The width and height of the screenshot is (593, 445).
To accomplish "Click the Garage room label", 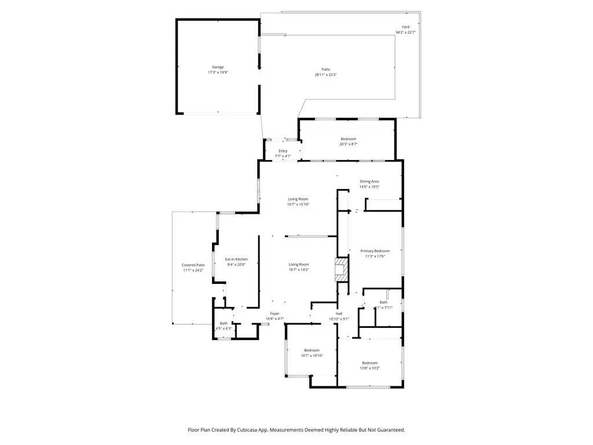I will pos(217,67).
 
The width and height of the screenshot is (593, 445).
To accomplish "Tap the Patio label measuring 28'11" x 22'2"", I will pos(325,70).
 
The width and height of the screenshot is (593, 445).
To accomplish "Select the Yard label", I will pos(405,27).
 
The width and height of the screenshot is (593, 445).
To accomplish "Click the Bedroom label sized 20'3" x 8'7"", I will pos(348,139).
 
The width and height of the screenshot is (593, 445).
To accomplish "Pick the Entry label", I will pos(283,151).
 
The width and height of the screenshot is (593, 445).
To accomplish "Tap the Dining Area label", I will pos(369,181).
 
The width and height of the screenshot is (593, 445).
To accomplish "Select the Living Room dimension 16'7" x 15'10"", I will pos(298,204).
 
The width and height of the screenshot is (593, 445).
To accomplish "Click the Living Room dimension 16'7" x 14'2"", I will pos(298,269).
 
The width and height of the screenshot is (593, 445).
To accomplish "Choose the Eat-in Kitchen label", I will pos(236,259).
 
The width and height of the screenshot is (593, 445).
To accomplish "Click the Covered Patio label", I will pos(193,265).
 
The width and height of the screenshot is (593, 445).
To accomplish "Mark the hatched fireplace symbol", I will pos(342,270).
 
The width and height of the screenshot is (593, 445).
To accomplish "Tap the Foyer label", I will pos(274,313).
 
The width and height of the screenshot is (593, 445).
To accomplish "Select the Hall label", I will pos(339,313).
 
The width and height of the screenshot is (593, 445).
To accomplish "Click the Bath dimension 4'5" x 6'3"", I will pos(224,329).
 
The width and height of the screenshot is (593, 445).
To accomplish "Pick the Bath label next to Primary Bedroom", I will pos(383,302).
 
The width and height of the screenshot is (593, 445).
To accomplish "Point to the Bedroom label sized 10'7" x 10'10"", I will pos(312,350).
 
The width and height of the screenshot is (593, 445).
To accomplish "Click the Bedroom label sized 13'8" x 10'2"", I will pos(369,363).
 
